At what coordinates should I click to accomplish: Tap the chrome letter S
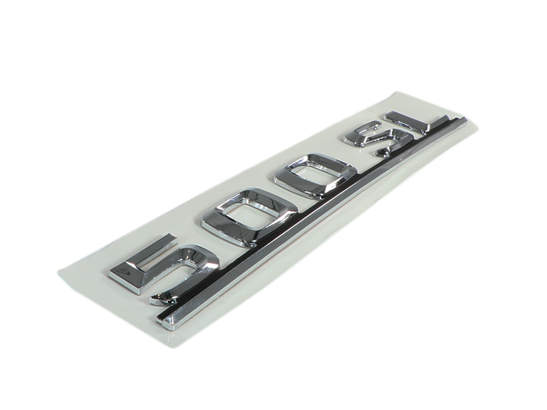coord(371,139)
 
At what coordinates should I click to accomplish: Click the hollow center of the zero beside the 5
coord(247,214)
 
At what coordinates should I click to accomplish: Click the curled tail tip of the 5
coord(155,299)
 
